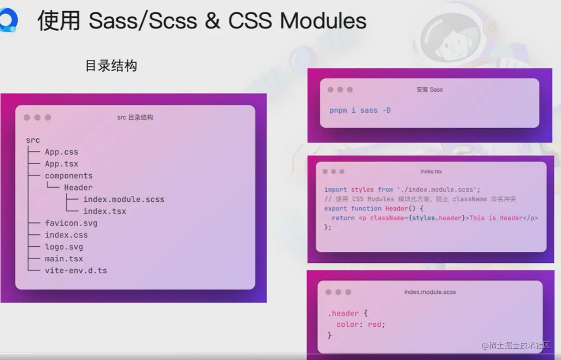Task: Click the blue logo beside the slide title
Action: point(9,20)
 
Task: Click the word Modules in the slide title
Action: point(323,21)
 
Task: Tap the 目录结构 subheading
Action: point(111,66)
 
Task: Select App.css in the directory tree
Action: point(62,152)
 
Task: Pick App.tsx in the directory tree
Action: point(62,164)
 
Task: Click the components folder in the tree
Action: point(69,176)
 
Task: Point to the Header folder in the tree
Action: point(78,188)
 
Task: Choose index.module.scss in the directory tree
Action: point(124,199)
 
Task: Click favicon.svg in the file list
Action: point(71,223)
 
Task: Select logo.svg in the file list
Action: point(64,247)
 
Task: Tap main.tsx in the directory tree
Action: point(64,258)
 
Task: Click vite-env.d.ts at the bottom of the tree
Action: point(76,271)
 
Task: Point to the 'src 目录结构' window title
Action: point(135,118)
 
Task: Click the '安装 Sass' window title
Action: point(430,89)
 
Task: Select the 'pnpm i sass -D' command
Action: point(360,110)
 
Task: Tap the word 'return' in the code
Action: point(343,218)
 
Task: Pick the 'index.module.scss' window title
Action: point(430,292)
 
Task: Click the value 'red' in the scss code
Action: point(374,325)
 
